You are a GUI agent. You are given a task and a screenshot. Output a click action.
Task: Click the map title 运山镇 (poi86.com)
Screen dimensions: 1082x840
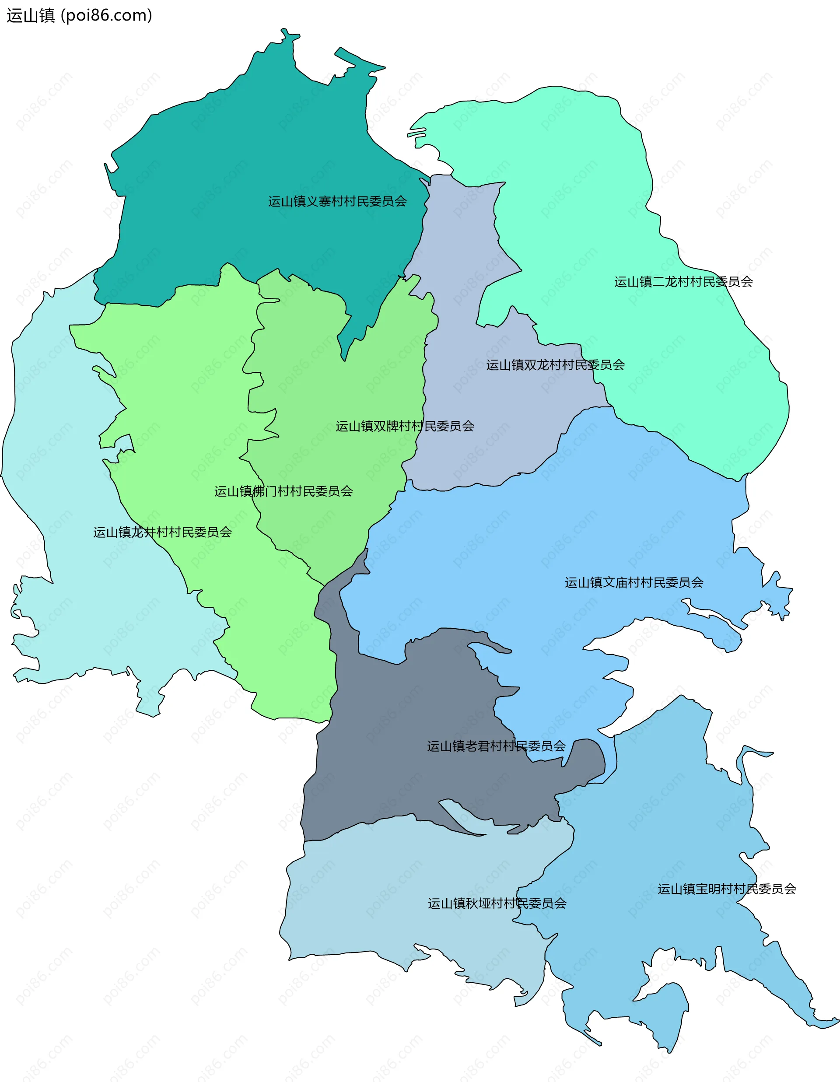point(79,16)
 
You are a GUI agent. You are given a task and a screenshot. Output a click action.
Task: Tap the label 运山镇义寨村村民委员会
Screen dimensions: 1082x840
point(337,201)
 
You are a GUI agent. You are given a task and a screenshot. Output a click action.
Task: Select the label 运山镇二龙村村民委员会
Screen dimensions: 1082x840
point(683,282)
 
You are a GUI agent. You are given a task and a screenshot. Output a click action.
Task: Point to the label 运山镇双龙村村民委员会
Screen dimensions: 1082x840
point(555,365)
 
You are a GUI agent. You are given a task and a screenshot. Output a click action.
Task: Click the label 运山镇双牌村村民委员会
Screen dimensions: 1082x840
point(405,426)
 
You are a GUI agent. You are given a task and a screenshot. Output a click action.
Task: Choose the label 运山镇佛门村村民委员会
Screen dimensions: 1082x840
point(283,491)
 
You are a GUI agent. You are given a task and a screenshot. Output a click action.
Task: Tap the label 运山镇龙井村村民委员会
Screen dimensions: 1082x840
point(162,532)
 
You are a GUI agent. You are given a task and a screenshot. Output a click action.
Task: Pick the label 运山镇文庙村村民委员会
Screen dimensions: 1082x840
point(634,583)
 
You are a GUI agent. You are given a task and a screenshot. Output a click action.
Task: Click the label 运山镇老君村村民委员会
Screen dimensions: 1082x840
point(496,746)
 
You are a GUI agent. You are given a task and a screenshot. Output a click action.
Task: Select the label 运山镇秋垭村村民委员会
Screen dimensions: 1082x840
point(497,903)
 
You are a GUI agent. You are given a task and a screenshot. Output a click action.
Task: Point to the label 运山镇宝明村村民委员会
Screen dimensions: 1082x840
point(727,889)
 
